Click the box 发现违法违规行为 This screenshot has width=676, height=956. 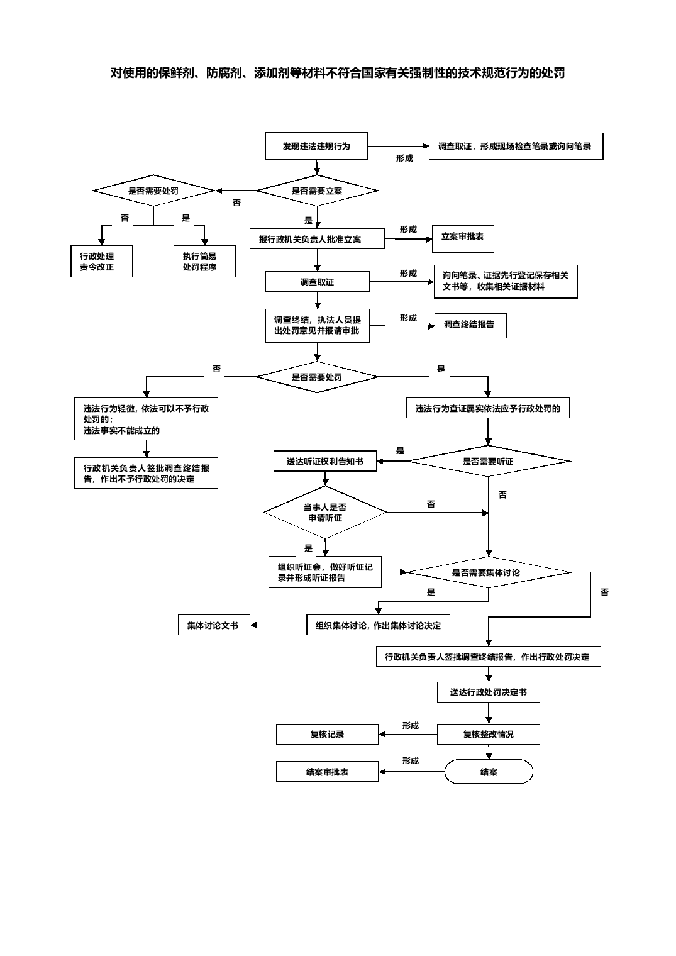[x=316, y=146]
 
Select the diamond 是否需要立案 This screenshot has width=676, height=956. [x=317, y=191]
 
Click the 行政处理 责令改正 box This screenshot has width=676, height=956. [x=101, y=262]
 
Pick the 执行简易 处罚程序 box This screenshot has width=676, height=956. [x=204, y=262]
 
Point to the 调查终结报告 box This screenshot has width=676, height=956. [x=470, y=325]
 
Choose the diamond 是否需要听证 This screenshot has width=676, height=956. [x=489, y=461]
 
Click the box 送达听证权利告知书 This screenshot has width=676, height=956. [x=325, y=461]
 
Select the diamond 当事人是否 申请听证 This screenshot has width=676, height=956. [x=325, y=513]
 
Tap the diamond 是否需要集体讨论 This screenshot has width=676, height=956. [x=489, y=572]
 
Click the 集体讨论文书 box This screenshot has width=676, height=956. [x=214, y=625]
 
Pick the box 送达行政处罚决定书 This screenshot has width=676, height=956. [x=489, y=692]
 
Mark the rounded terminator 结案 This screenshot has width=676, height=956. [x=489, y=772]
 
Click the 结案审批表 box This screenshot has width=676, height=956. [x=327, y=772]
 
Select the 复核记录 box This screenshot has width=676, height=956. [x=327, y=734]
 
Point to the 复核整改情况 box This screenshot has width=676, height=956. [x=489, y=734]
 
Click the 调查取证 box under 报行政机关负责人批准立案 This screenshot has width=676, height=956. [x=317, y=282]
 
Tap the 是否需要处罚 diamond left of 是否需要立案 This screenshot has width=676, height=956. [x=153, y=191]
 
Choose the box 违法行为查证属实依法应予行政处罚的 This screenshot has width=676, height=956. [x=487, y=408]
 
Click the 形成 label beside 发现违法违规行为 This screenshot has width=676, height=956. [x=404, y=158]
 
